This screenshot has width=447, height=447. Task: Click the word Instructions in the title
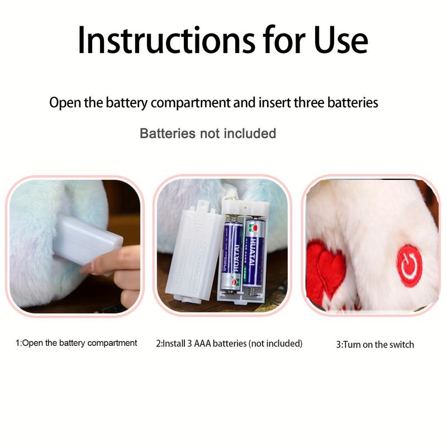click(x=167, y=40)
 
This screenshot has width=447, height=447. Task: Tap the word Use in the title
click(x=341, y=40)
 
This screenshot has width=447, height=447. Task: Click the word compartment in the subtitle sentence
click(x=191, y=103)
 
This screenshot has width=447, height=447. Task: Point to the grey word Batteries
click(x=168, y=134)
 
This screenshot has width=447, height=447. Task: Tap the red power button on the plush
click(x=410, y=266)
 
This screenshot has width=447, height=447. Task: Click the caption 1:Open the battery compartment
click(x=77, y=343)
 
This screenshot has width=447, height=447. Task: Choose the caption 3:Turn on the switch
click(x=375, y=344)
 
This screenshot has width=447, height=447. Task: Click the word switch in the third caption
click(x=402, y=344)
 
